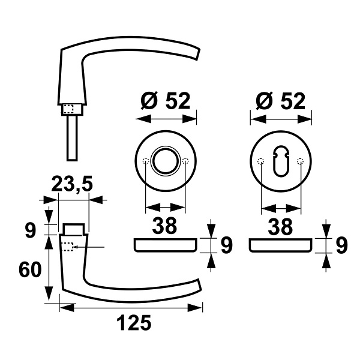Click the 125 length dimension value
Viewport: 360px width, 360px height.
coord(134,323)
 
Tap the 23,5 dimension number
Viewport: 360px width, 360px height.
coord(72,184)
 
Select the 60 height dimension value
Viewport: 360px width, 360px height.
coord(30,269)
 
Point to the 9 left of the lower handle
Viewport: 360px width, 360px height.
coord(31,230)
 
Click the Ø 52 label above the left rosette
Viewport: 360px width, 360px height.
coord(166,101)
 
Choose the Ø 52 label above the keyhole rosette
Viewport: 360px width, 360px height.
coord(281,101)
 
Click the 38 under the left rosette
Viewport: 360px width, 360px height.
coord(164,226)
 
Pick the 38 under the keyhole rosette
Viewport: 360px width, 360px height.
coord(280,226)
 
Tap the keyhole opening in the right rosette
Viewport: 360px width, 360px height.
coord(281,161)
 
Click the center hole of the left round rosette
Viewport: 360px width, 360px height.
coord(166,161)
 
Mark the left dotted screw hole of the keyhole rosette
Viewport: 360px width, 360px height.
coord(261,161)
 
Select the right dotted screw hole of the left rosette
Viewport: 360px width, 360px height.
coord(185,161)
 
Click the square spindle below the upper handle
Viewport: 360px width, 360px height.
coord(73,138)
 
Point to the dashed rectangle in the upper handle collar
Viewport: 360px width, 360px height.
coord(68,109)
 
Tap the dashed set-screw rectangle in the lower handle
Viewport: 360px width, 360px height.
coord(68,247)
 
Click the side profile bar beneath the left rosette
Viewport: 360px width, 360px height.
coord(166,245)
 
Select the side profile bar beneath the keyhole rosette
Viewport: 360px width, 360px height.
coord(281,245)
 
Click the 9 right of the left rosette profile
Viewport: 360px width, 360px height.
coord(227,245)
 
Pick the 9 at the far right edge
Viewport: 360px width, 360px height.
coord(342,245)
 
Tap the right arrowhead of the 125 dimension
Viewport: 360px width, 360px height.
coord(194,308)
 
